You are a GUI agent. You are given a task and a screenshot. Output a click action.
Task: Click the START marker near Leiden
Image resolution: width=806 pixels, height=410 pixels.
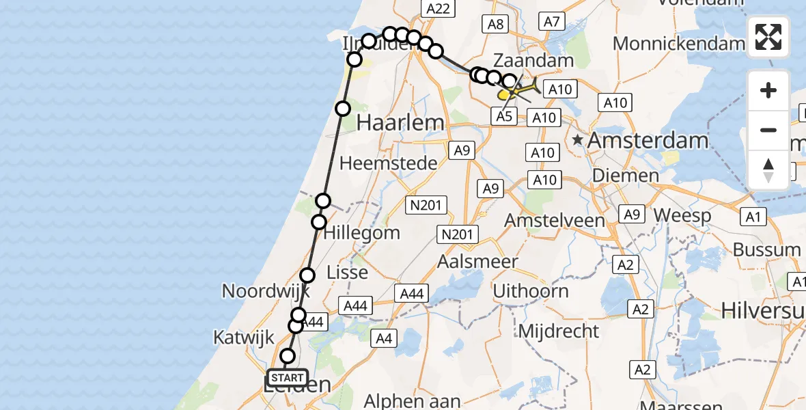point(288,378)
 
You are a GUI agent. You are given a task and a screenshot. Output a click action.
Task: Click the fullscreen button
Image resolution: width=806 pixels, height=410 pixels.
point(768,37)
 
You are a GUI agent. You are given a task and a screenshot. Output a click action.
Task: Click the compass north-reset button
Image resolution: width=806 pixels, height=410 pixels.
point(768,170)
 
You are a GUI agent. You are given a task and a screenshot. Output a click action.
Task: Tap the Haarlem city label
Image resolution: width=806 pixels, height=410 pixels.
point(400,124)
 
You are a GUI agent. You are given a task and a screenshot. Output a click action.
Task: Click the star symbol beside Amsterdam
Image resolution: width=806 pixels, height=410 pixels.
point(579,140)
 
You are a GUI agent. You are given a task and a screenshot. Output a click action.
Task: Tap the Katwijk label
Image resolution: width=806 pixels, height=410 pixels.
point(243,337)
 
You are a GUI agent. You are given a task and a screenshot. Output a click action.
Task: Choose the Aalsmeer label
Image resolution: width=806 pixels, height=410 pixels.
point(477,261)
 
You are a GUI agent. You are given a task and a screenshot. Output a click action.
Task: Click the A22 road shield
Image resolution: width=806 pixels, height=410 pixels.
point(437,8)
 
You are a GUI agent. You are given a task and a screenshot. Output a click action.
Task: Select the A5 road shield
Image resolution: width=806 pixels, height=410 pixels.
point(503,116)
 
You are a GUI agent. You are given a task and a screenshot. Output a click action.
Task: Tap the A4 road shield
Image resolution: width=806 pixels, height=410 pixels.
point(384,337)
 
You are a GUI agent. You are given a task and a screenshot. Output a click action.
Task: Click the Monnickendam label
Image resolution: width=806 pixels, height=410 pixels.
point(678,44)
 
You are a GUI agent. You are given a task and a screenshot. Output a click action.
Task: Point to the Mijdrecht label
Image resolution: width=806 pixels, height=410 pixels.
point(559,331)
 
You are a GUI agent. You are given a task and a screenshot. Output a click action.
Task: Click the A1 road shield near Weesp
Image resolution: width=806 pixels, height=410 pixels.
point(753,217)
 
